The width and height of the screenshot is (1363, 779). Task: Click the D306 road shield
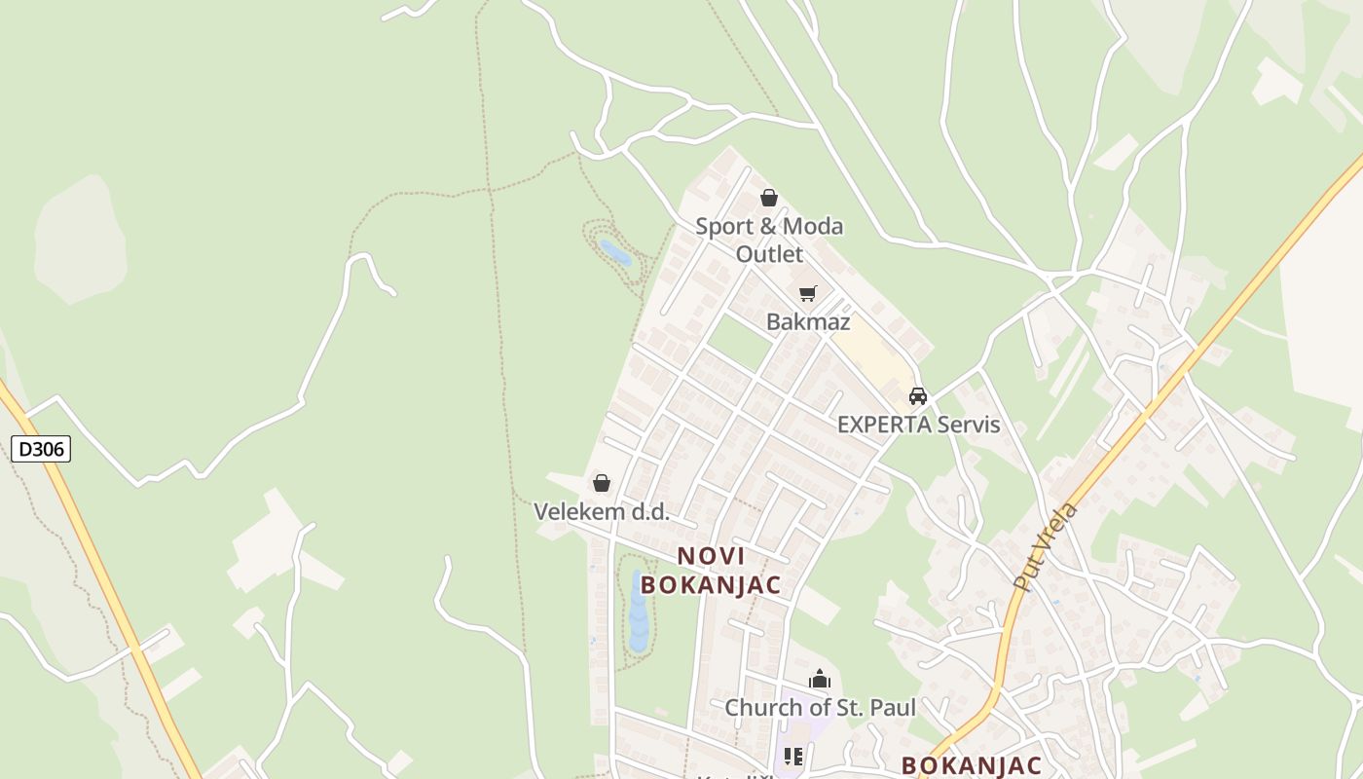[x=41, y=449]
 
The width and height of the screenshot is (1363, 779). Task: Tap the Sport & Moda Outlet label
[x=769, y=240]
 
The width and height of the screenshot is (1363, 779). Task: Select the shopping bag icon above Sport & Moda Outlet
[x=769, y=199]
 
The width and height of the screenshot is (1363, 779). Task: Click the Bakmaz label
[x=808, y=321]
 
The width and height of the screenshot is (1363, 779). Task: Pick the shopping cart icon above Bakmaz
[x=807, y=293]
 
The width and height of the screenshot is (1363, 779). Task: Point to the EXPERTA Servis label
[x=918, y=425]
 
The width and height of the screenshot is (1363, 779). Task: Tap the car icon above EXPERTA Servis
[x=917, y=396]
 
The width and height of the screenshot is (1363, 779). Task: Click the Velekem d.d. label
[x=602, y=511]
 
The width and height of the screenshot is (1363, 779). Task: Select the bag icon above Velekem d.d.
[x=602, y=483]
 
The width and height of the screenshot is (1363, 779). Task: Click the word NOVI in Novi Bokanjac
[x=711, y=556]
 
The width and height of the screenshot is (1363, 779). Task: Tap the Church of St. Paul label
[x=820, y=707]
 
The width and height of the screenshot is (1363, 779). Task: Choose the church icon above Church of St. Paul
[x=820, y=679]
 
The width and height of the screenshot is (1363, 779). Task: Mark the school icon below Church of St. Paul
[x=793, y=757]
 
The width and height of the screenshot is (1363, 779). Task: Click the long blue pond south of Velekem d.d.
[x=638, y=613]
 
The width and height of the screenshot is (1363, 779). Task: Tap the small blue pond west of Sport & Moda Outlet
[x=615, y=253]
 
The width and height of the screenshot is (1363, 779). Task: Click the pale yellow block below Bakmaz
[x=871, y=355]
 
